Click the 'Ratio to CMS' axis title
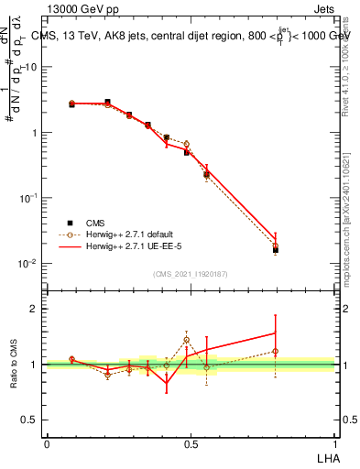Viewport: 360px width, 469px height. pos(14,365)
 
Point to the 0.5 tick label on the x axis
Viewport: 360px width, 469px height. pos(191,444)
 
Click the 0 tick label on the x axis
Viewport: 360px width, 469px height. pos(47,444)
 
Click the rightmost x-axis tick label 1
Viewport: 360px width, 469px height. pos(334,444)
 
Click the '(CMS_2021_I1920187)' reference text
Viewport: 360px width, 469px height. pos(190,272)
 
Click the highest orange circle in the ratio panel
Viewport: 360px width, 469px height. pos(186,339)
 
